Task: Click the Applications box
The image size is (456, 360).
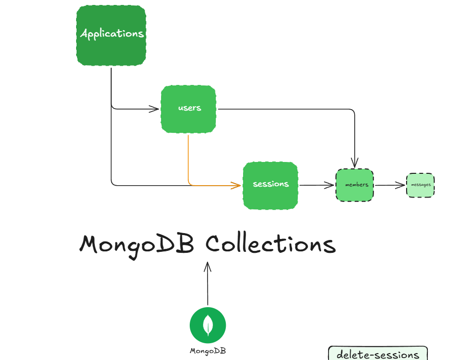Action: (111, 35)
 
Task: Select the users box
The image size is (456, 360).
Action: (189, 109)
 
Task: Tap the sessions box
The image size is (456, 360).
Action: (270, 185)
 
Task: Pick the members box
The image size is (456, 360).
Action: (355, 185)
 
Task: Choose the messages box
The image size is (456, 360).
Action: (420, 185)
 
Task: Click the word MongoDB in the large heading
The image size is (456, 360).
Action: (137, 244)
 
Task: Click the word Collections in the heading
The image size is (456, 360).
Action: (271, 244)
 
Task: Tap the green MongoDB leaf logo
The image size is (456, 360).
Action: (208, 325)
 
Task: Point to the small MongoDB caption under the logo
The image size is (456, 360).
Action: (208, 351)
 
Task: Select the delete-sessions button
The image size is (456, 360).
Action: (377, 354)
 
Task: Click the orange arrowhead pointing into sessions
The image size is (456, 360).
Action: (236, 186)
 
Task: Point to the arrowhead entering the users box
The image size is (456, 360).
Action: (155, 109)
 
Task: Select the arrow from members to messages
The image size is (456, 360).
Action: (390, 186)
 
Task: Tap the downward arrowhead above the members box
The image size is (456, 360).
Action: (355, 163)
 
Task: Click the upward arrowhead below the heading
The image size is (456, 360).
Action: (208, 267)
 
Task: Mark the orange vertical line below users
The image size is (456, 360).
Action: (188, 158)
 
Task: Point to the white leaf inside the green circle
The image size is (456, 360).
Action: (208, 325)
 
